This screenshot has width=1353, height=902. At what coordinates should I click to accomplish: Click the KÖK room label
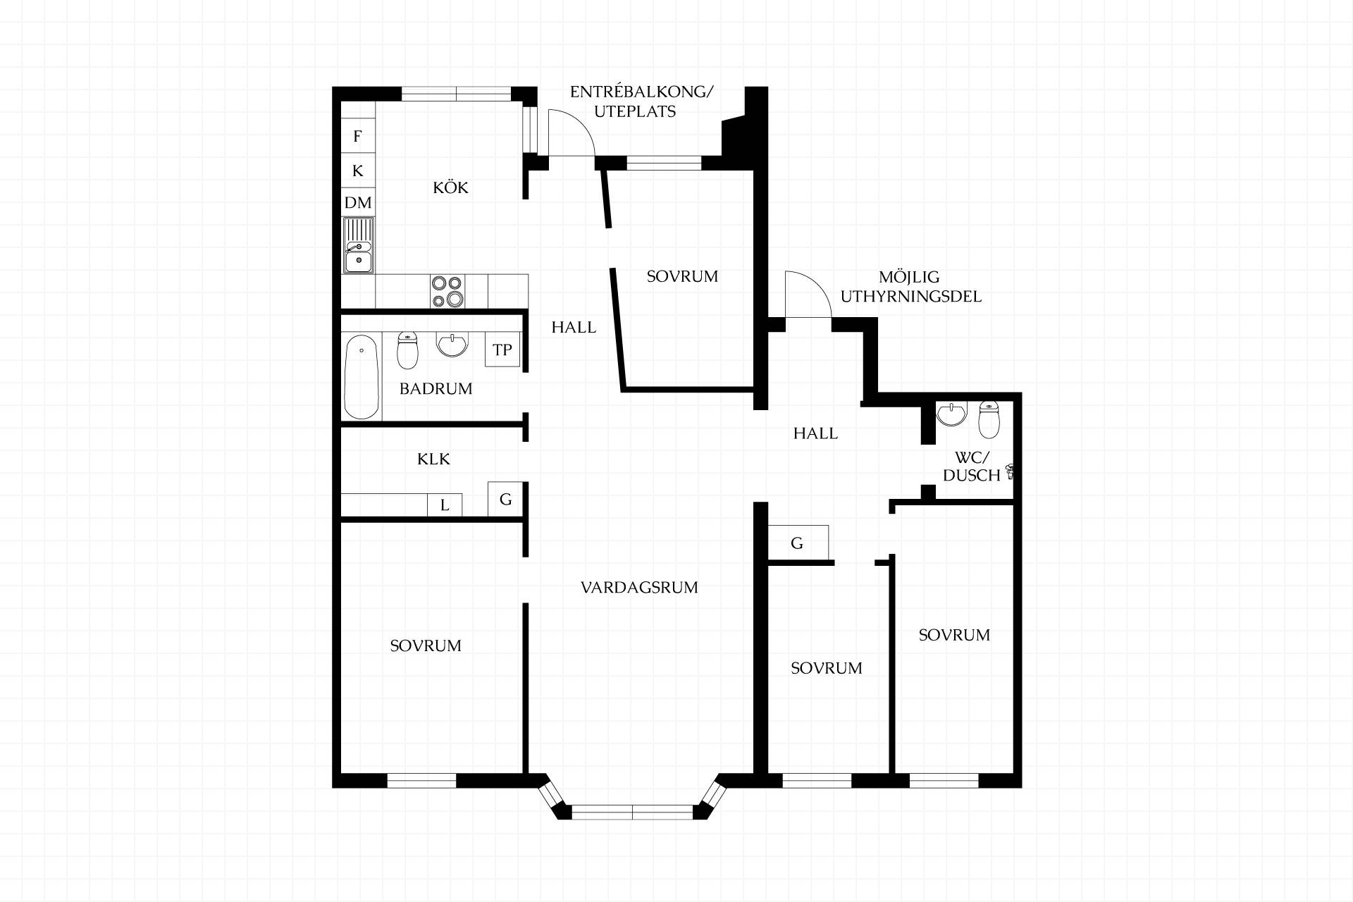450,187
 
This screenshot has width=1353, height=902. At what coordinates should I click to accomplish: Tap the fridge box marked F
358,136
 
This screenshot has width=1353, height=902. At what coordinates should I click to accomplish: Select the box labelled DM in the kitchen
358,203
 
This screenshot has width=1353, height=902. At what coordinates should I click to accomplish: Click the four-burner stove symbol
448,291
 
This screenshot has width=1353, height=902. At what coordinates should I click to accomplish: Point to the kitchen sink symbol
358,245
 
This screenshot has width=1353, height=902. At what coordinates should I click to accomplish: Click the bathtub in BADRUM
362,376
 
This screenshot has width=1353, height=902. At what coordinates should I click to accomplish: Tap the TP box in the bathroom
502,350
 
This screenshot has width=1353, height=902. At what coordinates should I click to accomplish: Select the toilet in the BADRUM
408,350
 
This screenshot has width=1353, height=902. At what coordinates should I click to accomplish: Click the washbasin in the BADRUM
452,345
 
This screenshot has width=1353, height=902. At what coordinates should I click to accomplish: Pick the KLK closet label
433,459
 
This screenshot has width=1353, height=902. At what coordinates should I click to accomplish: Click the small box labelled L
445,505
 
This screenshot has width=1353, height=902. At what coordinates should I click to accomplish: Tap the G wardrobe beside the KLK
505,500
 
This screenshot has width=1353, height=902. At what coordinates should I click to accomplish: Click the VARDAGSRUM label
639,588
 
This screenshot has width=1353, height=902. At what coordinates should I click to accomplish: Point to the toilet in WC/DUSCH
989,419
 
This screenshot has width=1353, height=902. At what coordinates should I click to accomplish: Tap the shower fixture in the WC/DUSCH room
1011,471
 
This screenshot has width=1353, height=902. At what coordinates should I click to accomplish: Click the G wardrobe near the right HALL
798,543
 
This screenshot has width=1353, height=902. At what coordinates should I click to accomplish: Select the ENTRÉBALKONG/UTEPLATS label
641,101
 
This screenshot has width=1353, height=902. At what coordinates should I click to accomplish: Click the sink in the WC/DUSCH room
951,414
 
